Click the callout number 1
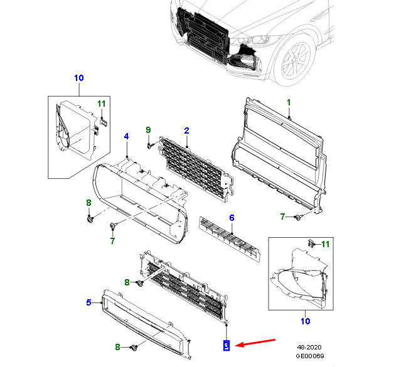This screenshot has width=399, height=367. click(x=289, y=102)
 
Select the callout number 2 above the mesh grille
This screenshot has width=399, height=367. click(x=186, y=130)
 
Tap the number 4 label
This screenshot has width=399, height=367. click(x=126, y=136)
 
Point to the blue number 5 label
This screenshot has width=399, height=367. click(x=89, y=302)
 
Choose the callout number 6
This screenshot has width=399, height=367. click(x=231, y=218)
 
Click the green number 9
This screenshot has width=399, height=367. click(x=149, y=130)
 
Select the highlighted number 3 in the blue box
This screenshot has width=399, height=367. click(x=226, y=344)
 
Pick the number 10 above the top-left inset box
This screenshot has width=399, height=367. click(x=78, y=78)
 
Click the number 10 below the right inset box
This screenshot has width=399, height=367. click(x=304, y=322)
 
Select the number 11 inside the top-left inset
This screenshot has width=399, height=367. click(x=102, y=103)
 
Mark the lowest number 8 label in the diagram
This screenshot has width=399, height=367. click(x=117, y=347)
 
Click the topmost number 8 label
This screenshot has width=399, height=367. click(x=89, y=202)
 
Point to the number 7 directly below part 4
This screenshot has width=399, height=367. click(x=113, y=240)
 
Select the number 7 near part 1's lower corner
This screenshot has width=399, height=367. click(x=283, y=216)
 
